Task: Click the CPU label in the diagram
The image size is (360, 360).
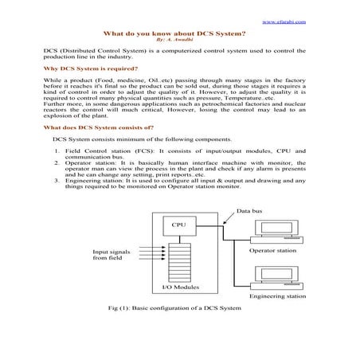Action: (x=179, y=225)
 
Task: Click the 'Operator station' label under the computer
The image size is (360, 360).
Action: (x=272, y=251)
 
